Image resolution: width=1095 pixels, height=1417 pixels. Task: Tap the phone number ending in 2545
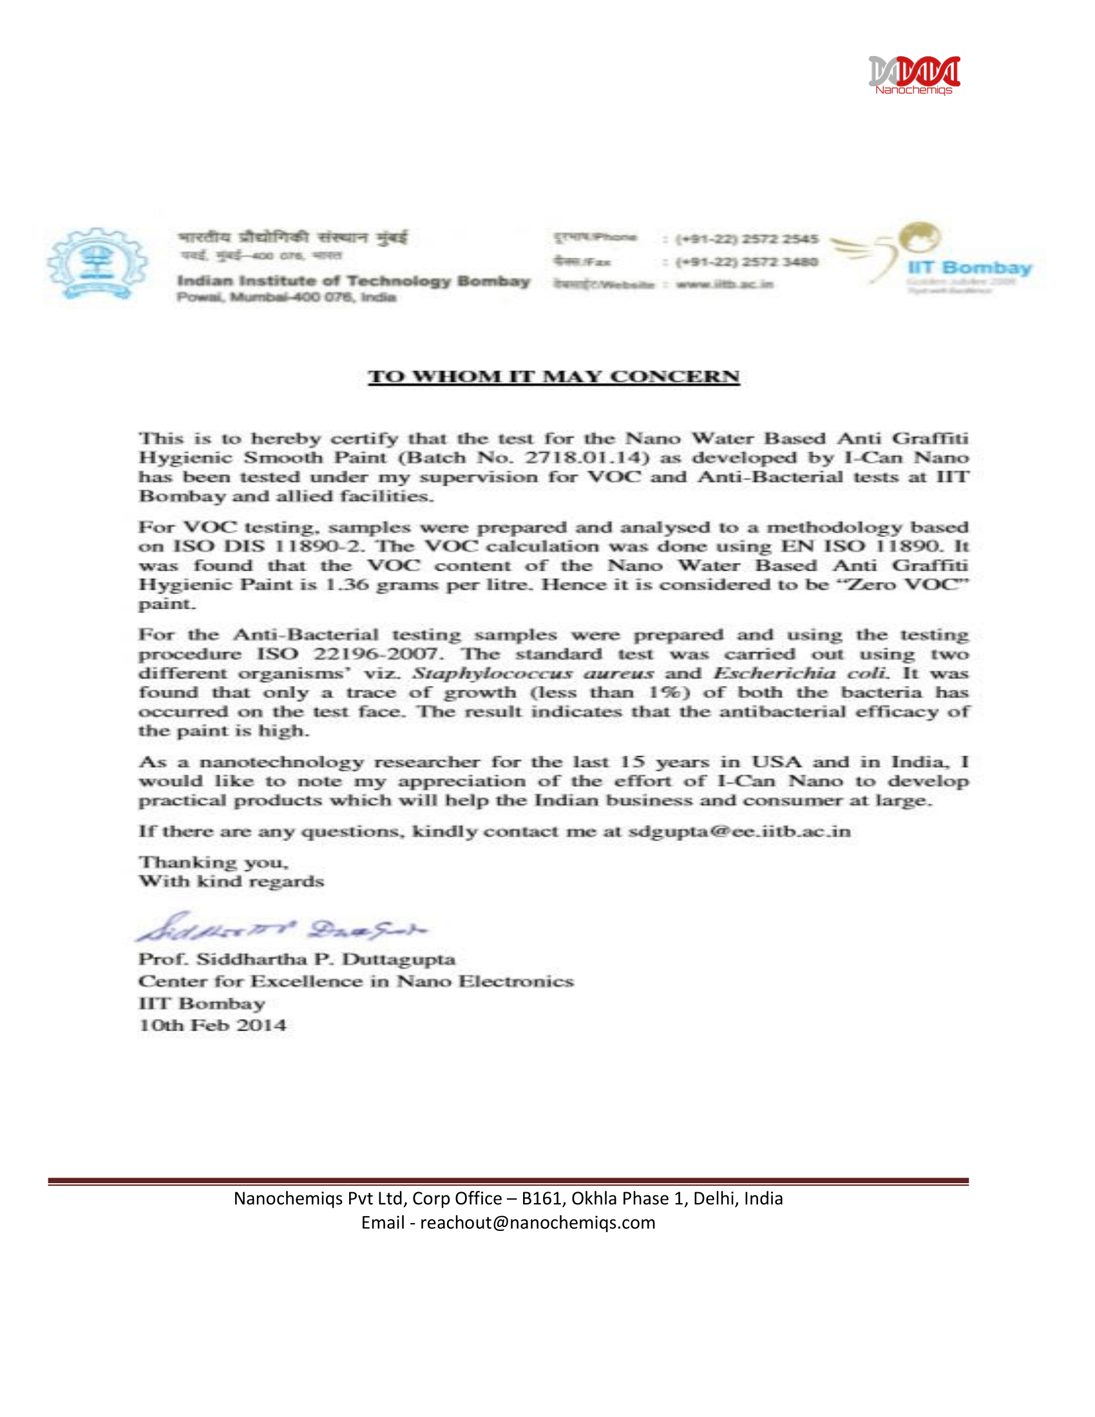pos(746,239)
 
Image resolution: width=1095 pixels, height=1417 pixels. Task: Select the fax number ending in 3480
pos(746,262)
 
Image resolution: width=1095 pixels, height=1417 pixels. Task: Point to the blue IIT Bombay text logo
pos(969,268)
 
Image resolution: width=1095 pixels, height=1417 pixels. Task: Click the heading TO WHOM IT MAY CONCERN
pos(553,377)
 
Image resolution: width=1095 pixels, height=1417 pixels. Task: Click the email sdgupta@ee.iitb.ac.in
pos(739,831)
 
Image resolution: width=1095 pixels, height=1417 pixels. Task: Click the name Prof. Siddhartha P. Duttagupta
pos(296,959)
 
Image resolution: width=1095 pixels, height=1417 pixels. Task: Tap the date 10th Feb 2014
pos(212,1025)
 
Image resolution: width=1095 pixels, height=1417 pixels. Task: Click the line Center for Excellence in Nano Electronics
pos(356,981)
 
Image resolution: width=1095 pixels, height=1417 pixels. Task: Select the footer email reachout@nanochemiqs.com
pos(537,1222)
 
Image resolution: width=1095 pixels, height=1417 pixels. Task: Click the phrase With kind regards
pos(231,881)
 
